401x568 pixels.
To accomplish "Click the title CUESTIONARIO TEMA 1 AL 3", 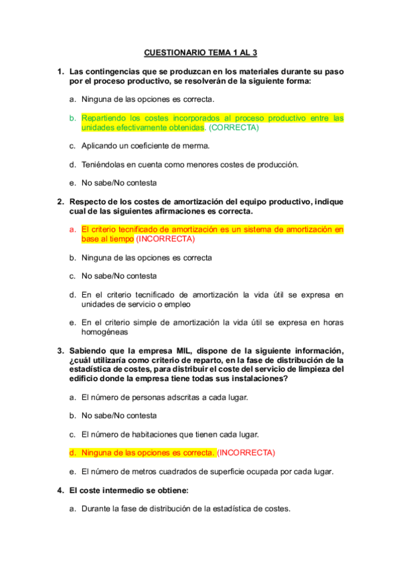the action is point(200,52).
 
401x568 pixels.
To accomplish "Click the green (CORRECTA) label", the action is point(234,127).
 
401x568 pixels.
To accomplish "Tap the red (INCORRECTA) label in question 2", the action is point(165,238).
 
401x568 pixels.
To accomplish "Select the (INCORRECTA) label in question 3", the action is point(246,452).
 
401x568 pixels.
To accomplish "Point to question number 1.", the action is point(60,71).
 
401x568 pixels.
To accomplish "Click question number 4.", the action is point(60,490).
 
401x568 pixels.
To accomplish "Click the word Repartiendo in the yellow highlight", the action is point(104,117).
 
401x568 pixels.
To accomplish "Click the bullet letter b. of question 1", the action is point(72,117).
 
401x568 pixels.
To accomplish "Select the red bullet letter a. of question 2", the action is point(72,229).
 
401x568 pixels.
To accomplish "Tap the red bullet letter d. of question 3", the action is point(72,452).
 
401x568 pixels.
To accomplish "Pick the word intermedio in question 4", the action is point(118,490).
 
